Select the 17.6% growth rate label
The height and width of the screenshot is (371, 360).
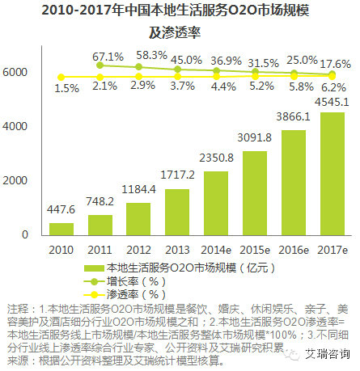click(x=333, y=64)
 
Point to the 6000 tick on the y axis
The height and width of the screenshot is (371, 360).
click(x=17, y=73)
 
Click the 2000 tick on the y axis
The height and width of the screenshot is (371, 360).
click(x=17, y=181)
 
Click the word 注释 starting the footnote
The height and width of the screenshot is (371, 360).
click(x=16, y=310)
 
